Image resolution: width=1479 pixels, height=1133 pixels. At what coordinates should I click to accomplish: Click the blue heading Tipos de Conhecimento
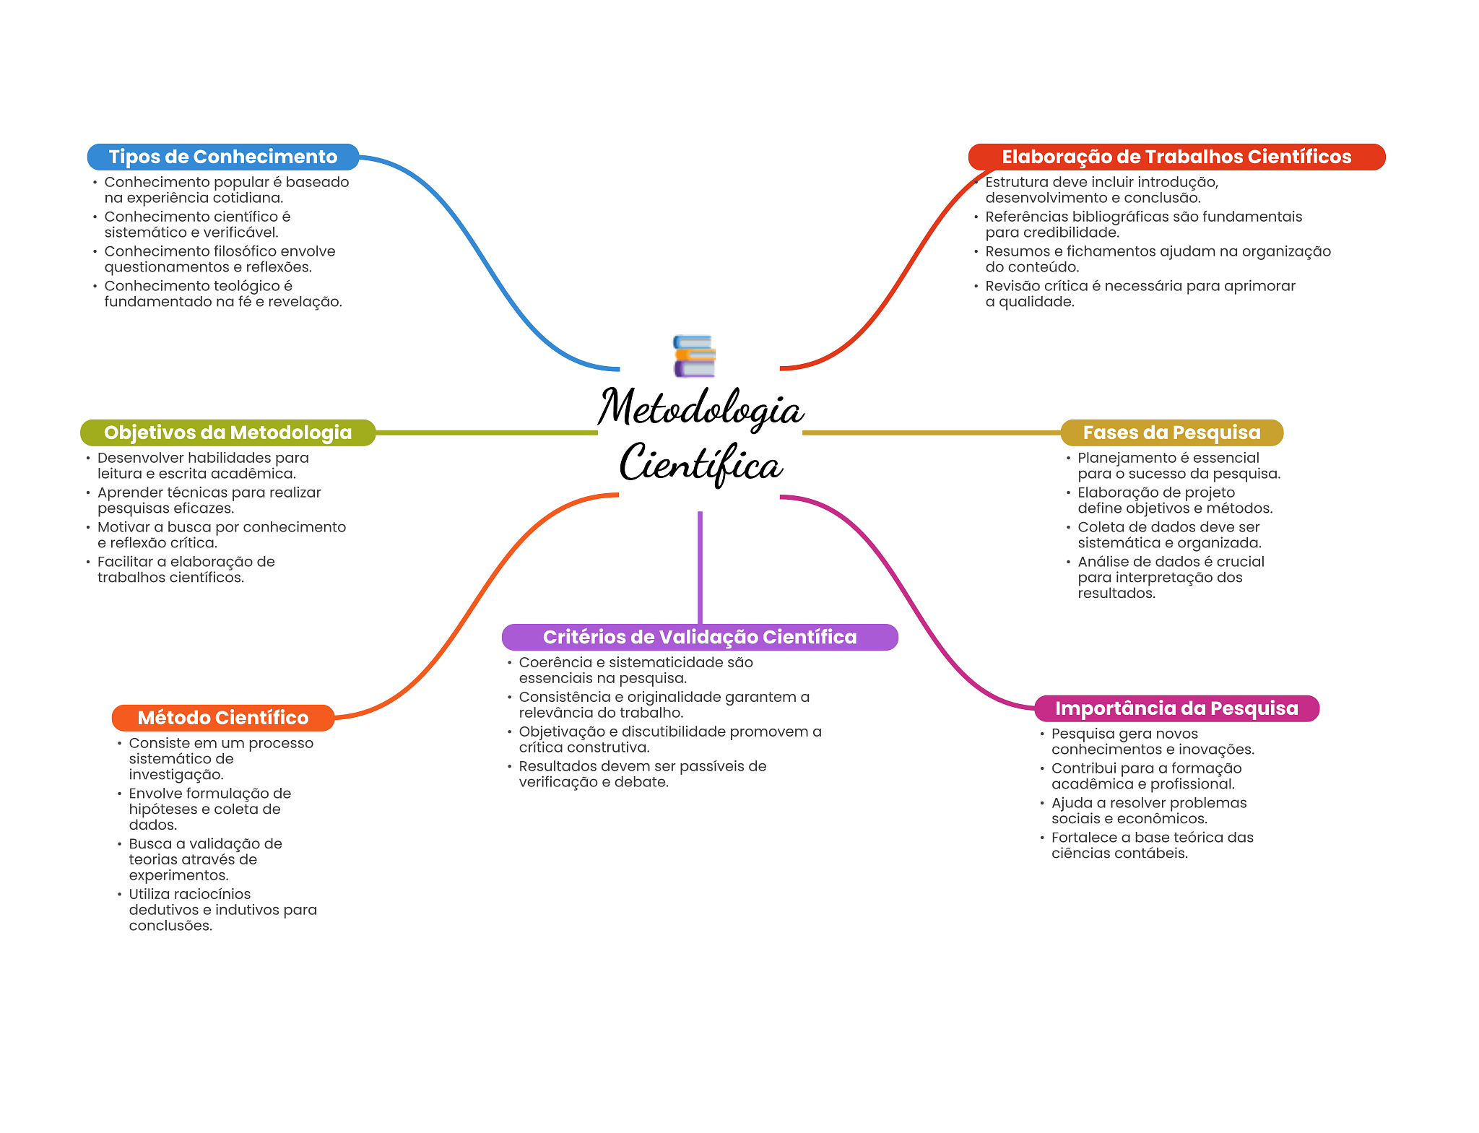click(222, 157)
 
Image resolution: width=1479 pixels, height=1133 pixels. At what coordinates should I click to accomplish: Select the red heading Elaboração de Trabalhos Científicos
click(1176, 157)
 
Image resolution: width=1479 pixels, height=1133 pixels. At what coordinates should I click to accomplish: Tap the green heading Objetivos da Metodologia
click(227, 433)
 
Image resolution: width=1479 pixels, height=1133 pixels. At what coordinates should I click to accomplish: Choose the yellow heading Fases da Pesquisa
click(1171, 433)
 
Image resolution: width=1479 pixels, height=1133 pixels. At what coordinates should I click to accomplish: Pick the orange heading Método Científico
click(222, 718)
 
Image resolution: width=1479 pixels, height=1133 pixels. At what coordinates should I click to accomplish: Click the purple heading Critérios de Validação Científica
click(699, 637)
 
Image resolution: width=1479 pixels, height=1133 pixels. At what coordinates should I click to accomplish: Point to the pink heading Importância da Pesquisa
click(1176, 708)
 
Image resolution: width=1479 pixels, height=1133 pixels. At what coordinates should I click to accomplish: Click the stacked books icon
click(694, 356)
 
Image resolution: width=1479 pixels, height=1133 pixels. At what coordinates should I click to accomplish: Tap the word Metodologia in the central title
click(701, 408)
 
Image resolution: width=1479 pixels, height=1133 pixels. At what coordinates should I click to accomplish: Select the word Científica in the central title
click(701, 464)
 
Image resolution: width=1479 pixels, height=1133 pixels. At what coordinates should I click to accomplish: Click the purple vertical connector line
click(700, 567)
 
